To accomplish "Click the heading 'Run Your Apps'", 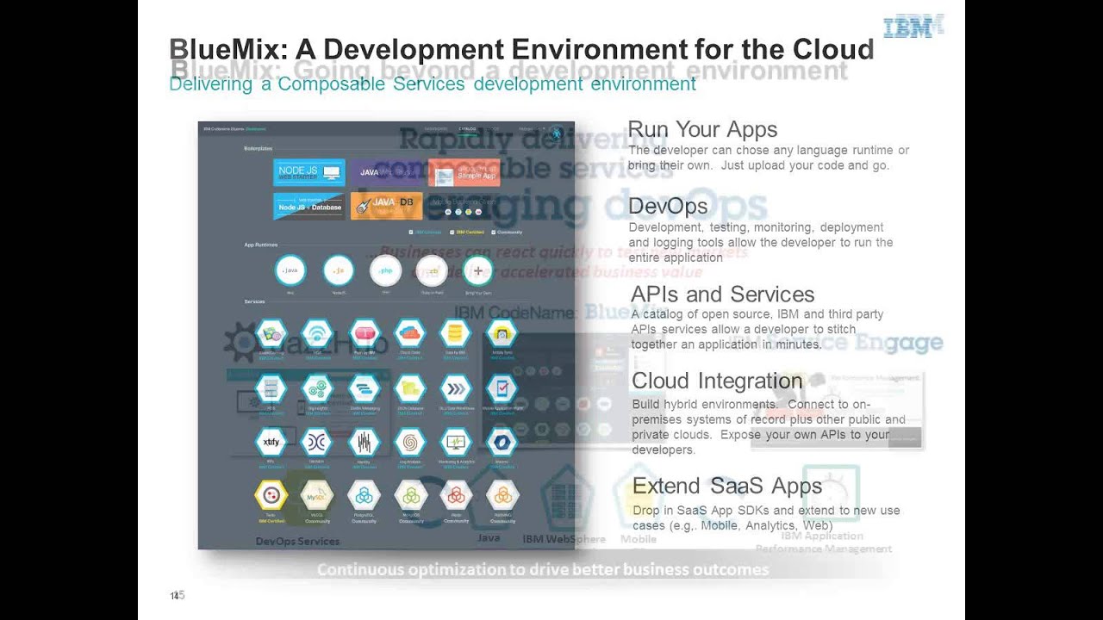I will click(702, 130).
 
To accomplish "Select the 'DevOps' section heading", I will click(668, 207).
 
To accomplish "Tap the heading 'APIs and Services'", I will click(722, 294).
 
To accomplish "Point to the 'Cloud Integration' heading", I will click(717, 381).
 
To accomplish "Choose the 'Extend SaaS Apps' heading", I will click(727, 487).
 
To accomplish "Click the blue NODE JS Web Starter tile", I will click(308, 172).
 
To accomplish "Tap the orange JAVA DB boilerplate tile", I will click(386, 206).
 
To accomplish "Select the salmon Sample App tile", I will click(464, 172).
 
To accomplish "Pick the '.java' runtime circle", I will click(290, 270).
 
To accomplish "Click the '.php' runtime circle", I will click(385, 270).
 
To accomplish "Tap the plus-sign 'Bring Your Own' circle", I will click(478, 270).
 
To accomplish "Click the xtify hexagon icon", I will click(271, 442).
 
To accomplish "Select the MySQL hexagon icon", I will click(317, 495).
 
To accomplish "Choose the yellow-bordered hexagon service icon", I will click(271, 495).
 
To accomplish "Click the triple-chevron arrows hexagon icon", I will click(455, 388).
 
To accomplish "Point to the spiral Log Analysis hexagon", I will click(409, 442).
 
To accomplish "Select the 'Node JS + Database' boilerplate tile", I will click(308, 206).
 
